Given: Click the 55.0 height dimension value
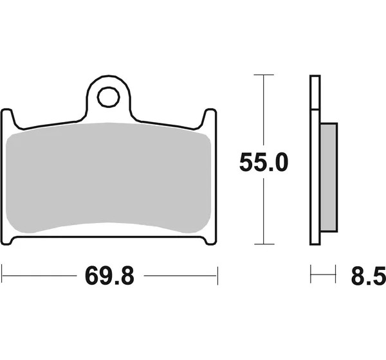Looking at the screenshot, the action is (x=264, y=162).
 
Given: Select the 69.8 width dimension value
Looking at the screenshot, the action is (x=109, y=276).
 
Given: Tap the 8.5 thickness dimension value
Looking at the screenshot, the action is (x=368, y=276).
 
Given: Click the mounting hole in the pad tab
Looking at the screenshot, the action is (x=108, y=97).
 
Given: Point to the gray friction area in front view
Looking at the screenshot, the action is (x=108, y=177).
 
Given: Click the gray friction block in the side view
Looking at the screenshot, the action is (x=329, y=177).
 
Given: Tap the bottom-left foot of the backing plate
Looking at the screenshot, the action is (x=7, y=240).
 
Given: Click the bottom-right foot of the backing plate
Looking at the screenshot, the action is (x=211, y=240).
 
